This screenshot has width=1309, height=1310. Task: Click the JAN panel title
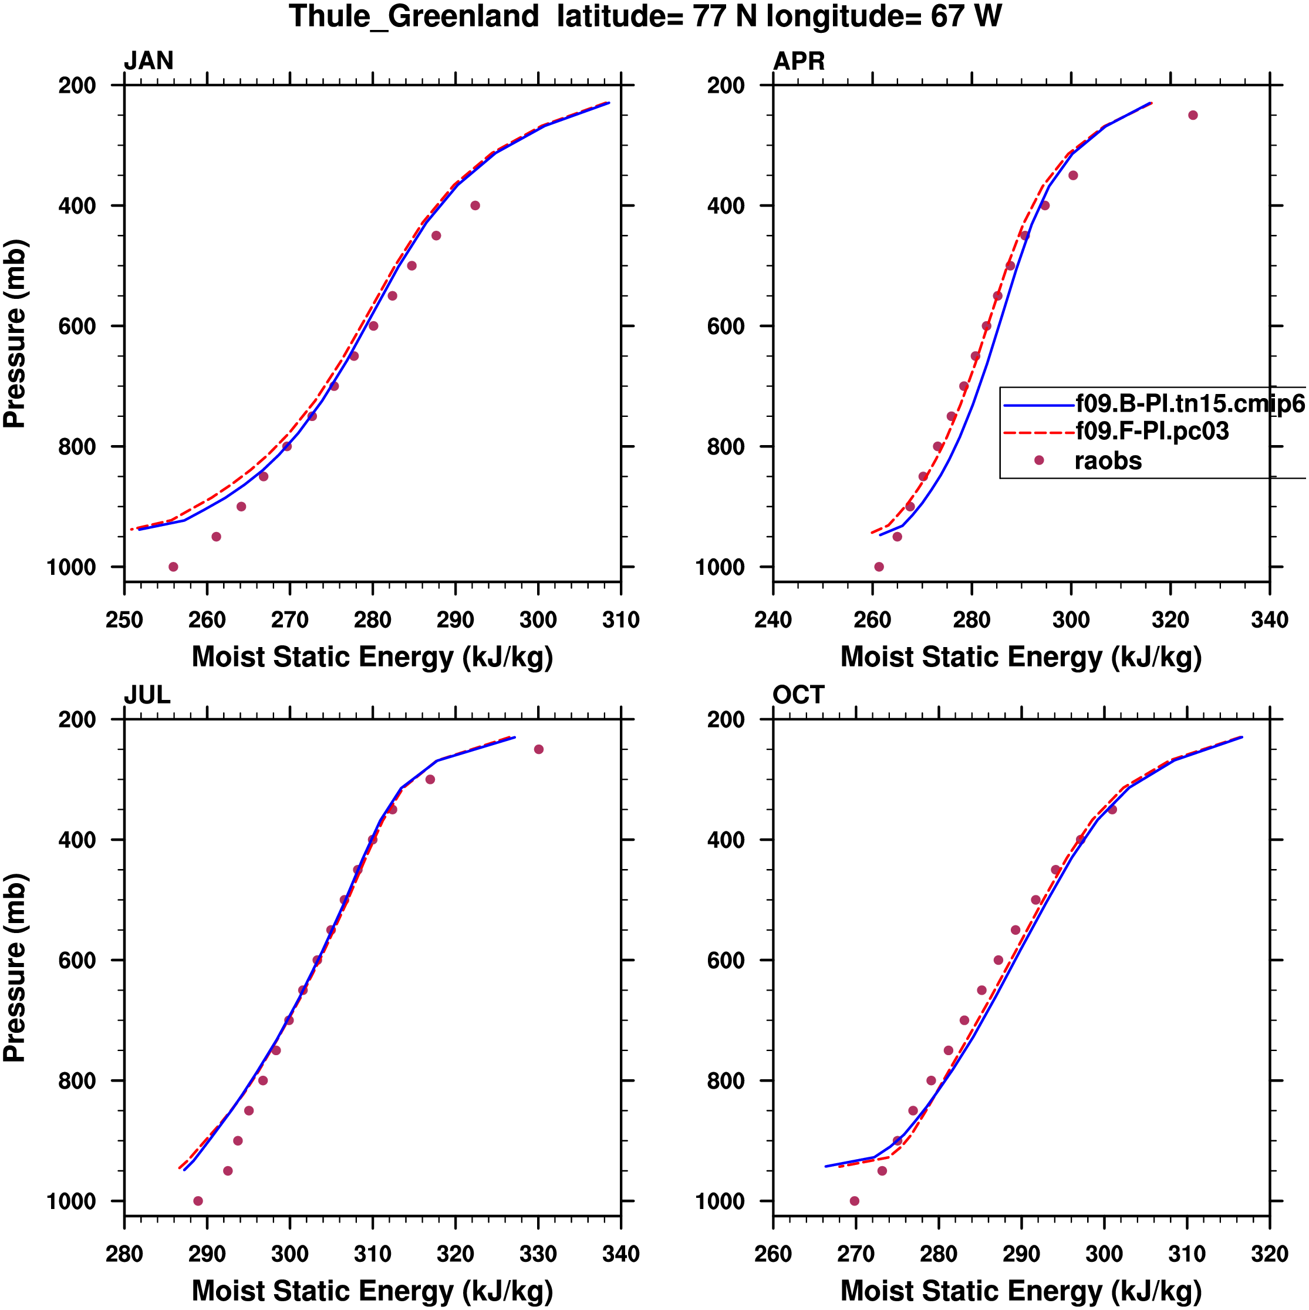coord(149,61)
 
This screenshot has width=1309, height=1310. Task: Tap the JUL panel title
coord(147,695)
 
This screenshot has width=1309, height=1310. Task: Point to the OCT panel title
coord(798,695)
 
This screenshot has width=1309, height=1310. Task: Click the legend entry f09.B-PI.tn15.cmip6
coord(1190,404)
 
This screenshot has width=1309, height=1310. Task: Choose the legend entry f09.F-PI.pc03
coord(1152,431)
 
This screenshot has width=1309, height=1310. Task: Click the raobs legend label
coord(1108,461)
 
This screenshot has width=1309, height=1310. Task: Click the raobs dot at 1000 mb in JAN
coord(174,567)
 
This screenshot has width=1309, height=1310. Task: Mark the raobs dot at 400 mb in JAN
coord(475,206)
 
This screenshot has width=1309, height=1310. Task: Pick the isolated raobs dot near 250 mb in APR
coord(1193,115)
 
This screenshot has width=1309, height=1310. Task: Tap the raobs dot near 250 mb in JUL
coord(539,749)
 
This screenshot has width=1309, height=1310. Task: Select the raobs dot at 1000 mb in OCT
coord(854,1201)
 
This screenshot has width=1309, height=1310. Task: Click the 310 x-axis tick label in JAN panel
coord(621,619)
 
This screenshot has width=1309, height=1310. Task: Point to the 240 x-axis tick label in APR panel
coord(773,619)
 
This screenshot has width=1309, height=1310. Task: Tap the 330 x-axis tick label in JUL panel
coord(538,1254)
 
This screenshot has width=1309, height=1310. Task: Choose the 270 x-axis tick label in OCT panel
coord(855,1254)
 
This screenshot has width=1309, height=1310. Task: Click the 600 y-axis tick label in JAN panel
coord(77,326)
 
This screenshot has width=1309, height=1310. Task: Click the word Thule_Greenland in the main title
coord(413,16)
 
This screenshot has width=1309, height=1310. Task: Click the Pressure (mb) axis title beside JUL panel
coord(15,968)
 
